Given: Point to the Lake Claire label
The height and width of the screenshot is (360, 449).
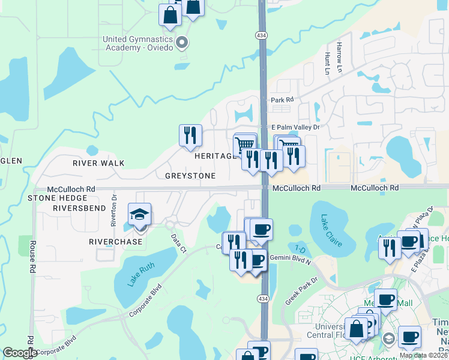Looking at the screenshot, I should pos(331,230).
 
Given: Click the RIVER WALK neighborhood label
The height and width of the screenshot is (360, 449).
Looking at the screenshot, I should pos(98,163).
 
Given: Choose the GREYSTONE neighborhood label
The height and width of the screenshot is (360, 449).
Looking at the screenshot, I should pos(190,176).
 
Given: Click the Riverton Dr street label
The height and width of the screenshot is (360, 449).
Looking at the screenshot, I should pos(113,212).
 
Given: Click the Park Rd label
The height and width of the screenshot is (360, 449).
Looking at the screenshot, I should pos(282,100).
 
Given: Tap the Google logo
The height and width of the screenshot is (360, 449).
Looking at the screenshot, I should pos(20,353).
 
